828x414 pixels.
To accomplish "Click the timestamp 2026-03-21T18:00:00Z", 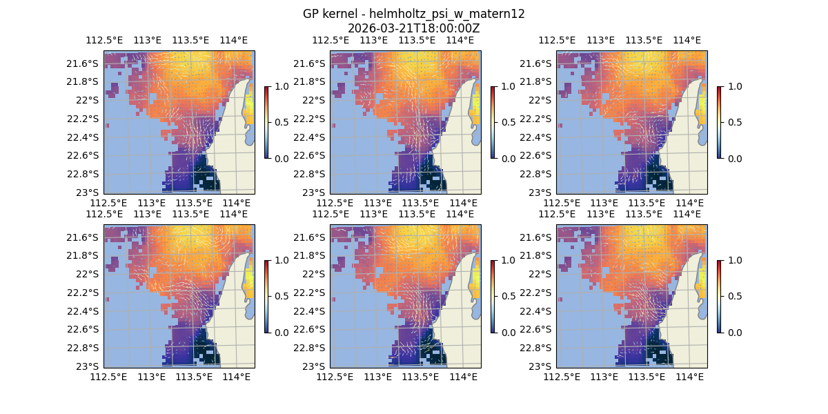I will point(413,28).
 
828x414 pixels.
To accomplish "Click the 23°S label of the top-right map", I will point(541,192).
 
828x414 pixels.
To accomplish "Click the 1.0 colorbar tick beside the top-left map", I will point(281,86).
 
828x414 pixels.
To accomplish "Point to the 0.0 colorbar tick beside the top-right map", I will point(733,158).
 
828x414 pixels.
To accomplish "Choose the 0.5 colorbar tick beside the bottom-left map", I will point(281,296).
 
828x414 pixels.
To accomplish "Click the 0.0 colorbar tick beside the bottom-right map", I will point(733,332).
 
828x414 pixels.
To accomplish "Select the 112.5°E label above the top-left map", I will point(103,40).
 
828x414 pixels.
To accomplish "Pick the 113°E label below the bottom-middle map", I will point(378,377).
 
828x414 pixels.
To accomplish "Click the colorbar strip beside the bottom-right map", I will point(719,296).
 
